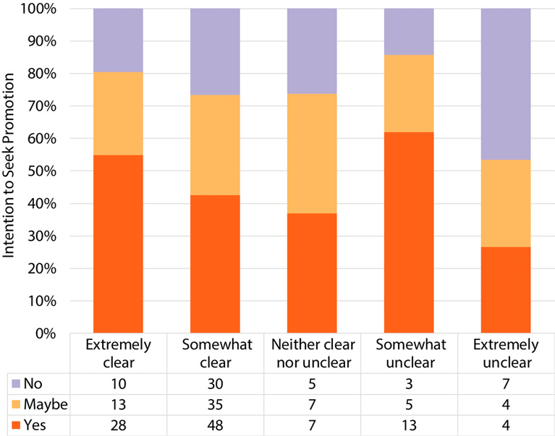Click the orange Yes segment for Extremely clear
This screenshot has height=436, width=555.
coord(118,244)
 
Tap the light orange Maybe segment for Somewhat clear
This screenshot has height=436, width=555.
coord(215,145)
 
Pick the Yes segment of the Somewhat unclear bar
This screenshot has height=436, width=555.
coord(409,232)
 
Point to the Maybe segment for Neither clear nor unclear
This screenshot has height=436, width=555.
coord(312,153)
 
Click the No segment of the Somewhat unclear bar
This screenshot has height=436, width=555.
coord(409,32)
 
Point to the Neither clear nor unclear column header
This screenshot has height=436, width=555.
coord(312,352)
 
